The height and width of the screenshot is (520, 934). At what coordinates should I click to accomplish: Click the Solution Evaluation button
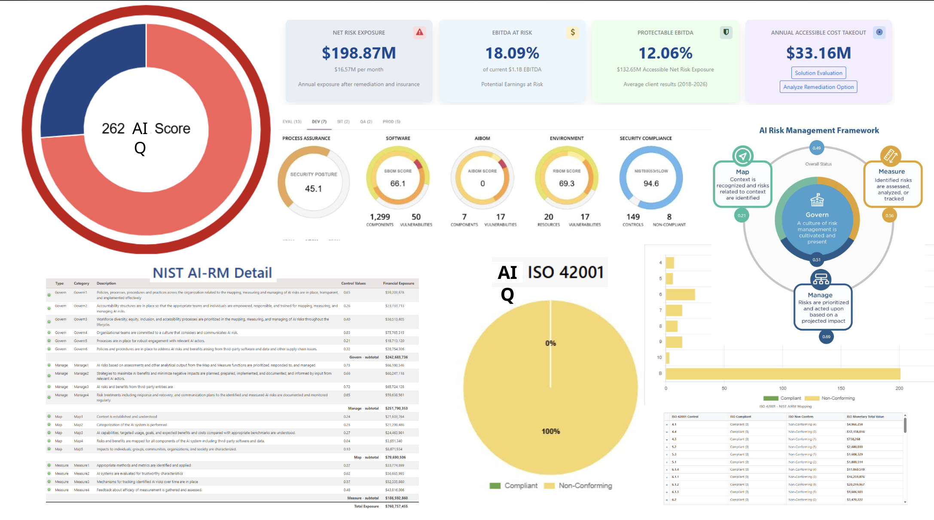[x=818, y=73]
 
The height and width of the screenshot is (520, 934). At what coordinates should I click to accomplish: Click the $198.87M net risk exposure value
[x=359, y=53]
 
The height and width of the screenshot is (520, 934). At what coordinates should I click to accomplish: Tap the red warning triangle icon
[x=419, y=32]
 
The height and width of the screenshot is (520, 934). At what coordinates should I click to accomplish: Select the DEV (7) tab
[x=319, y=122]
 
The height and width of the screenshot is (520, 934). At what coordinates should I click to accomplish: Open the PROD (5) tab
[x=391, y=122]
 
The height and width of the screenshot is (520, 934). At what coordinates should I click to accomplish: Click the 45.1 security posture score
[x=313, y=189]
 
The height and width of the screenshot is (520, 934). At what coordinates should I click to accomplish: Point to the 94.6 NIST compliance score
[x=651, y=184]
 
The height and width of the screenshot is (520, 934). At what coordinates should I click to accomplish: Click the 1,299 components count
[x=380, y=217]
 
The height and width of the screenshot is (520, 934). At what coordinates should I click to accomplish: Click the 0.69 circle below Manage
[x=826, y=336]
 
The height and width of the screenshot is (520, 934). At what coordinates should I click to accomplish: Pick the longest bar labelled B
[x=782, y=373]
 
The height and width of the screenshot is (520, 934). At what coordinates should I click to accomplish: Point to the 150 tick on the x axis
[x=841, y=388]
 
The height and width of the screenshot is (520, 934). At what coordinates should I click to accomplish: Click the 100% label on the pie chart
[x=550, y=431]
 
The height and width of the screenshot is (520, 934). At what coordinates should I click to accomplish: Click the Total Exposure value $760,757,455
[x=396, y=506]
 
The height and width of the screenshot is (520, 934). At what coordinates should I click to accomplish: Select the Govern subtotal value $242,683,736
[x=396, y=357]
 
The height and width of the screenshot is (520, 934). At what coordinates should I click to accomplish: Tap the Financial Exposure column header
[x=398, y=283]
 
